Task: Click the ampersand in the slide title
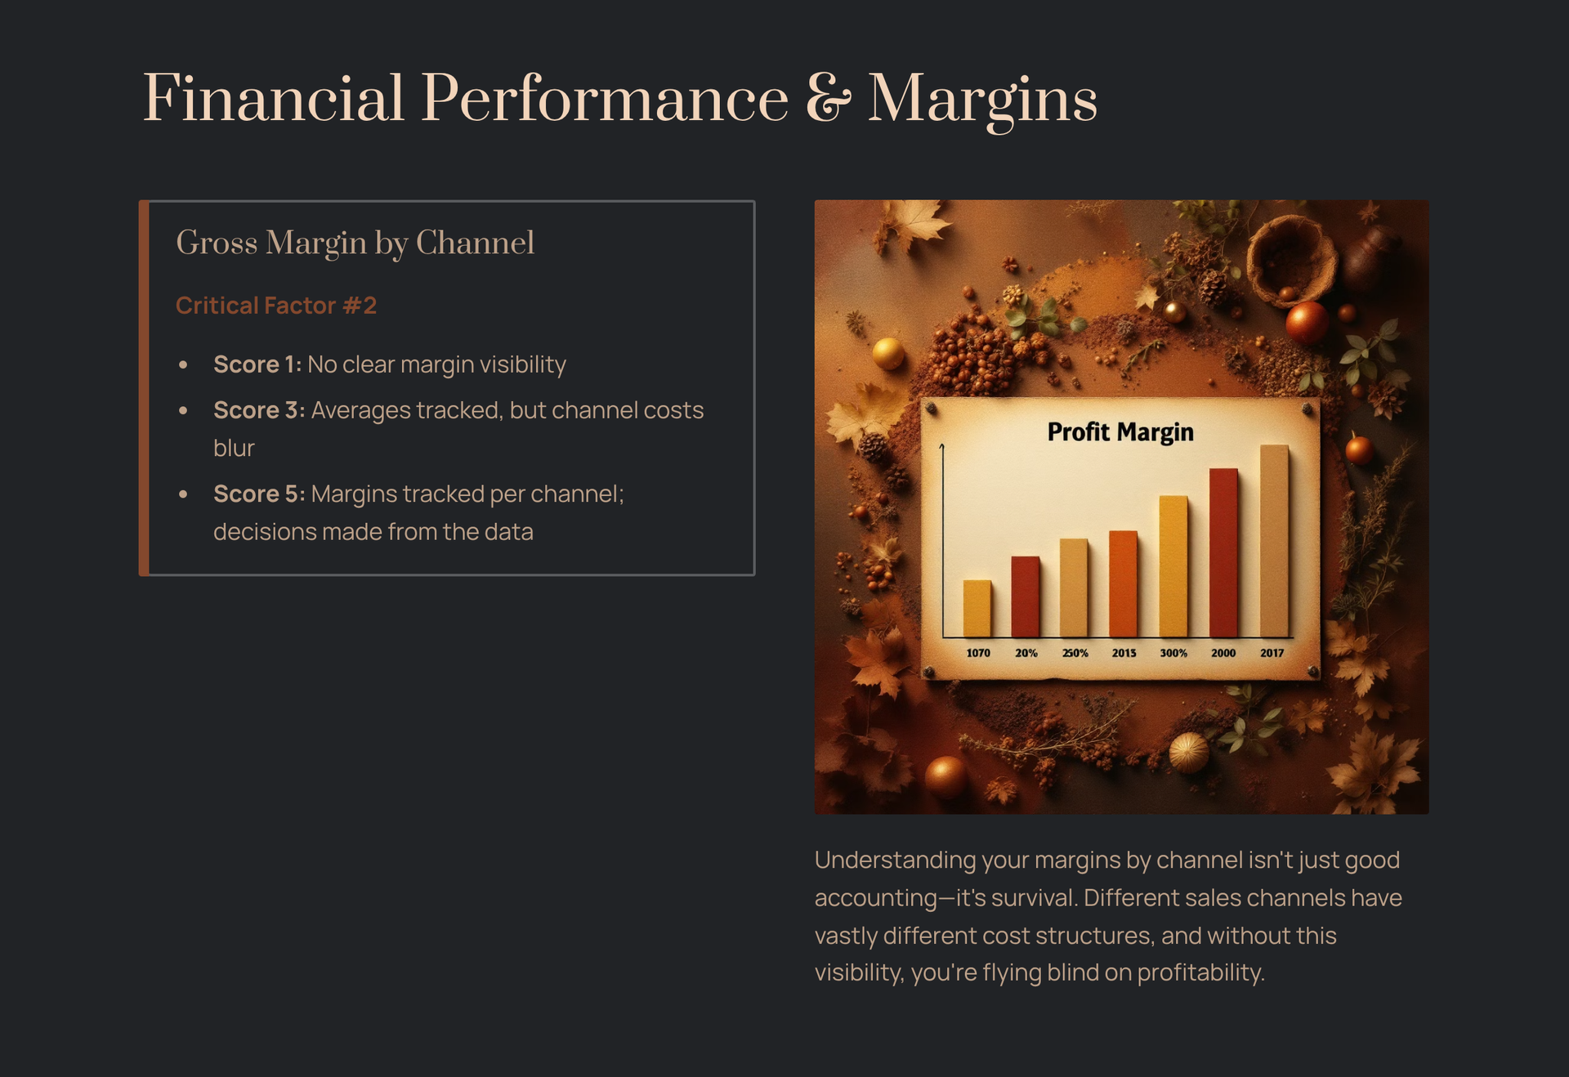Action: (x=828, y=99)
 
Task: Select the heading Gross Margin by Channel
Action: (x=355, y=244)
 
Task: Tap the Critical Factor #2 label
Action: (x=276, y=306)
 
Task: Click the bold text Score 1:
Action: (x=257, y=364)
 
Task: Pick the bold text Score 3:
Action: (x=259, y=410)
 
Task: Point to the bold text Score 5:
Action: (x=259, y=494)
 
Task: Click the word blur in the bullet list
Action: (x=234, y=448)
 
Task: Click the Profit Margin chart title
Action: (x=1120, y=432)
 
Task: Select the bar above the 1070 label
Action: (x=977, y=608)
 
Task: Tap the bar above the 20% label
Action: (x=1026, y=597)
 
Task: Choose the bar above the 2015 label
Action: (x=1123, y=583)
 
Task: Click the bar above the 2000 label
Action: (x=1223, y=552)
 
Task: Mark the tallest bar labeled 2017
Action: (x=1274, y=541)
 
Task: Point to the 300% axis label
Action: (x=1173, y=653)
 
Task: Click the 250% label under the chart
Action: (x=1075, y=653)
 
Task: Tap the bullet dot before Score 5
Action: (x=183, y=494)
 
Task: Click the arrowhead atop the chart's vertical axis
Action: (x=942, y=447)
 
